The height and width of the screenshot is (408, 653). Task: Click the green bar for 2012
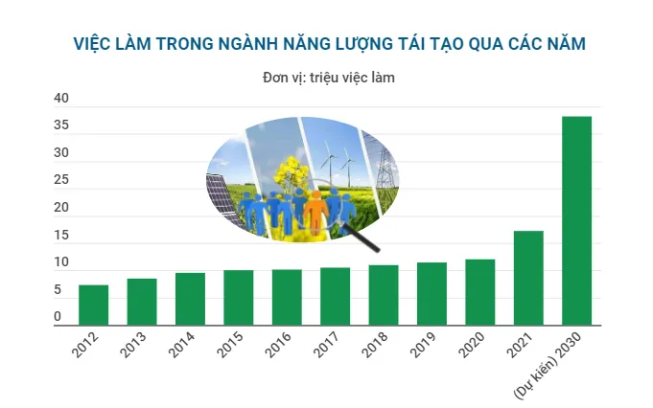point(93,305)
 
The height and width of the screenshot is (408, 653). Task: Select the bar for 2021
point(528,278)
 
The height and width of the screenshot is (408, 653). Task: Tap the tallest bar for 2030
point(577,221)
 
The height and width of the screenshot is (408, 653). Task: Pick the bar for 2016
point(287,297)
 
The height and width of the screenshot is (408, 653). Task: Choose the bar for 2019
point(431,294)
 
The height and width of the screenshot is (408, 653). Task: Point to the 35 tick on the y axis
point(61,125)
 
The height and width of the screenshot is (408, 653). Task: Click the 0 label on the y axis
point(58,316)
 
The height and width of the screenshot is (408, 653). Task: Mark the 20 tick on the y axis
point(61,207)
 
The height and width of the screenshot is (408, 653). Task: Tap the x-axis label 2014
point(181,345)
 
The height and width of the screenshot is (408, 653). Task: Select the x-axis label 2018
point(375,345)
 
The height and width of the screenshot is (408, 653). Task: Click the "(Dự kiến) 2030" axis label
point(548,365)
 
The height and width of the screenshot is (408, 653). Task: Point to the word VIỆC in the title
point(90,44)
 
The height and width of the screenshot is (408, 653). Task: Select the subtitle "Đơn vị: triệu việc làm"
point(329,78)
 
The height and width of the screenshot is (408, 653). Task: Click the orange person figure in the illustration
point(316,212)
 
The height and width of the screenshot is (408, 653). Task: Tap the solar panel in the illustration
point(222,197)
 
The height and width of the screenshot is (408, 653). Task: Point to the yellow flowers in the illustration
point(292,171)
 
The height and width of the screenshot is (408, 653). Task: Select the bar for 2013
point(142,302)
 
